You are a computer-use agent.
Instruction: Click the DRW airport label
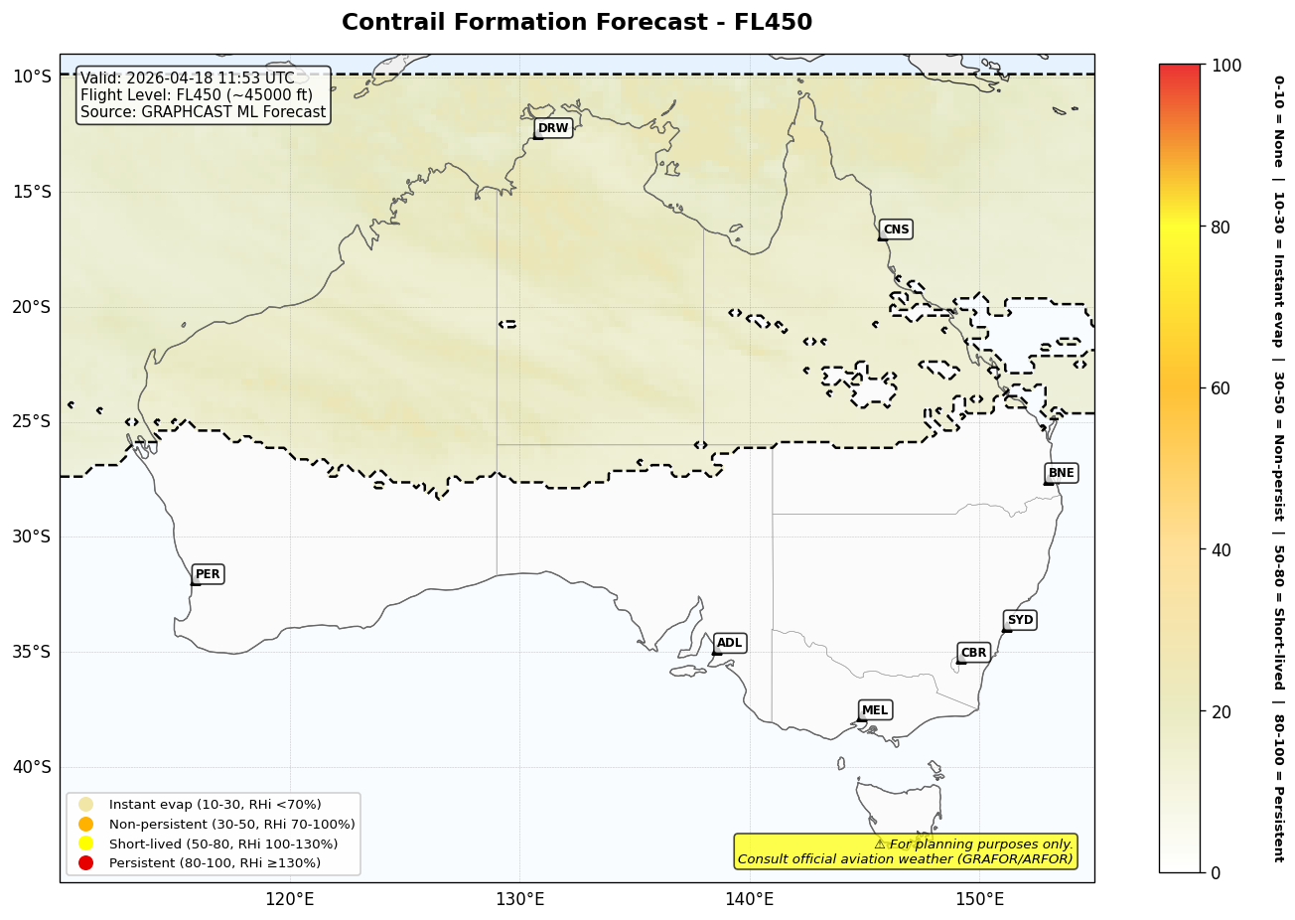pos(553,128)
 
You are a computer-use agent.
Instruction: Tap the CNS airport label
pos(896,230)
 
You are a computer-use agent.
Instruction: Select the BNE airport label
pos(1061,473)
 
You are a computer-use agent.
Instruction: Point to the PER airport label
pos(208,574)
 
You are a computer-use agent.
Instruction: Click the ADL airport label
pos(729,644)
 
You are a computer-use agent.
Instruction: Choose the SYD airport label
pos(1020,620)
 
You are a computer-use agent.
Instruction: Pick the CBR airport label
pos(973,653)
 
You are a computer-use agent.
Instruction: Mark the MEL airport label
pos(875,710)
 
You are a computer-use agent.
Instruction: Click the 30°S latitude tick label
pos(31,537)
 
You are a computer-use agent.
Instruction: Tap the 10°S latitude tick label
pos(31,77)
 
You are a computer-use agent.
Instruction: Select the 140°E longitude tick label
pos(749,900)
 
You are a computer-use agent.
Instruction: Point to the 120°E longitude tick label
pos(290,900)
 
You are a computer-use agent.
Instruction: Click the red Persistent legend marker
pos(86,863)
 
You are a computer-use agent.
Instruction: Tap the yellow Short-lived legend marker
pos(86,843)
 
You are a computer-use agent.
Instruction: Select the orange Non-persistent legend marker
pos(86,825)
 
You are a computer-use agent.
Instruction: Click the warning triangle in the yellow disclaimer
pos(880,843)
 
